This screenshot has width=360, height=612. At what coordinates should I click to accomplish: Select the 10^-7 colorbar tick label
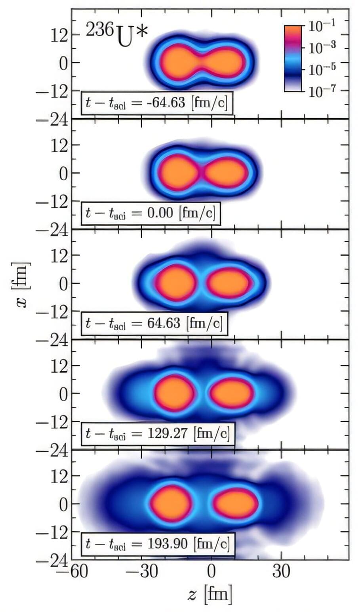pos(322,92)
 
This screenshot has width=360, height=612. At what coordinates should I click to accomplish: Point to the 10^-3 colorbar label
pos(322,48)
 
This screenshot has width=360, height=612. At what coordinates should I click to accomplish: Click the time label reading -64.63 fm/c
pos(157,103)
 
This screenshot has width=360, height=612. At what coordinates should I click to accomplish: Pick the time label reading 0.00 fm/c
pos(150,213)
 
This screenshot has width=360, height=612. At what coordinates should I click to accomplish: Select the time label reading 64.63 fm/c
pos(154,323)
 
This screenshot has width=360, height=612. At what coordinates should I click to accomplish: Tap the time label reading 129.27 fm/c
pos(157,433)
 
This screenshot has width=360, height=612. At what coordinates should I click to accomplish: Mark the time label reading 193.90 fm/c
pos(157,543)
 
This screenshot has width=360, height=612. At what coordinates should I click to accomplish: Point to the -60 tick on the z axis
pos(72,572)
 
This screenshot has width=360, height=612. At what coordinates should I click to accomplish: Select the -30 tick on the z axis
pos(142,572)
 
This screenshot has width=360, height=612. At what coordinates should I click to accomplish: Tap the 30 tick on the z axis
pos(281,572)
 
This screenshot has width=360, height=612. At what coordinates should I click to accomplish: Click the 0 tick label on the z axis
pos(211,572)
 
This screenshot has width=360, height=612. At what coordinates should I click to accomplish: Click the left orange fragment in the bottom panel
pos(172,503)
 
